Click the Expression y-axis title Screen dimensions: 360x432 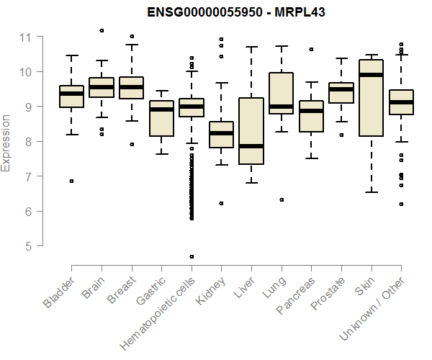[6, 143]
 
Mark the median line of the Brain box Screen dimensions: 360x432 [102, 87]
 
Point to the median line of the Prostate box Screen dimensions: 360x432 [341, 89]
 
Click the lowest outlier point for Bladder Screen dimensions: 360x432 [71, 181]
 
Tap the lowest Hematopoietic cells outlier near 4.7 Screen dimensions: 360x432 [192, 256]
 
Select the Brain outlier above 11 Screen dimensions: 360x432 [102, 30]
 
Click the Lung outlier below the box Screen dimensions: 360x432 [282, 199]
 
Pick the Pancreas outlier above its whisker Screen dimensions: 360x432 [311, 49]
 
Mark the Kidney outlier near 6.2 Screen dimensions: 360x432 [221, 203]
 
